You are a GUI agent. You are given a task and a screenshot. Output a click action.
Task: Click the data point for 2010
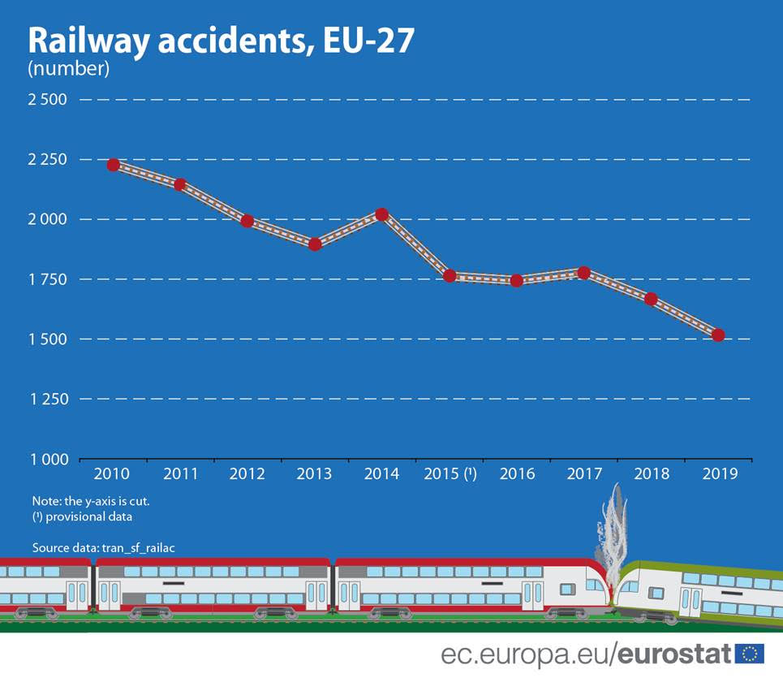click(114, 165)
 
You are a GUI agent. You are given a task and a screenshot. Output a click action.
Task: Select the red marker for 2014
click(381, 214)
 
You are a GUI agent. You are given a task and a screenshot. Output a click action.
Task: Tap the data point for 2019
click(717, 335)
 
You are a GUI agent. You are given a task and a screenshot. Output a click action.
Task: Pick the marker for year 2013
click(315, 244)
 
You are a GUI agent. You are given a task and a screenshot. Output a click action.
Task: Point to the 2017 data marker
click(583, 272)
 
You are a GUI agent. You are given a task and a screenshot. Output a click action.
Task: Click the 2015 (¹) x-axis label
click(450, 474)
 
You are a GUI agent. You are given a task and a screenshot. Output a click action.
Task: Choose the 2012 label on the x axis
click(247, 474)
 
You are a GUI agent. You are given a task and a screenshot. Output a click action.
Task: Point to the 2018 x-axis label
click(650, 474)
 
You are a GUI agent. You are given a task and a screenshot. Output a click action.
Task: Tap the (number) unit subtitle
click(68, 68)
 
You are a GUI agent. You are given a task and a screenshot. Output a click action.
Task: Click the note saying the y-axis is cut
click(91, 501)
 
